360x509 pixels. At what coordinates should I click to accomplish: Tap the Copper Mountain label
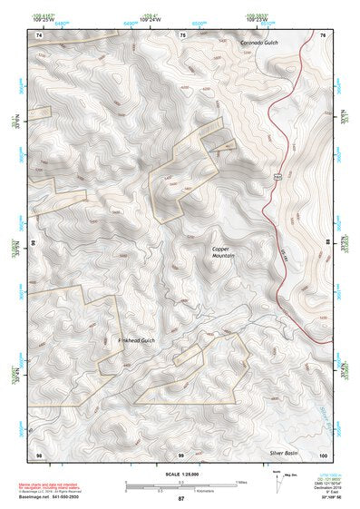(x=223, y=253)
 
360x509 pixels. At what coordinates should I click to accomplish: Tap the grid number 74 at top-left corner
(x=39, y=34)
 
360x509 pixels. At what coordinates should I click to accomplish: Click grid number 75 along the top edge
(x=183, y=34)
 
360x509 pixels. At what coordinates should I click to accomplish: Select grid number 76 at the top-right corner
(x=323, y=34)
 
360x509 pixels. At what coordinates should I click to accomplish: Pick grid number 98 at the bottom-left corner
(x=39, y=454)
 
